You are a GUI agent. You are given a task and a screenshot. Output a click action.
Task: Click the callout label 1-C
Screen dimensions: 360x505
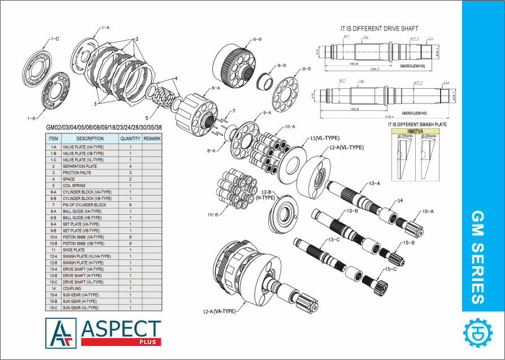[x=55, y=39]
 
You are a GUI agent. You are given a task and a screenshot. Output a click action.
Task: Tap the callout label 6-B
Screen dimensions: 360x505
[x=256, y=40]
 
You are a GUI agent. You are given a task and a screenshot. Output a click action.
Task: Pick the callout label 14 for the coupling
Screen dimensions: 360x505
[x=400, y=201]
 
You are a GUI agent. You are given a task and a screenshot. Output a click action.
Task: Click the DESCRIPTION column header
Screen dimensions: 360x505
[x=90, y=138]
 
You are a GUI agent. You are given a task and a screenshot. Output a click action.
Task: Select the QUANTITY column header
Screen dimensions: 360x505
[x=130, y=138]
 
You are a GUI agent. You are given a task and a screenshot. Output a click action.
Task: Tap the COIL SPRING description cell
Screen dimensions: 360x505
[x=75, y=185]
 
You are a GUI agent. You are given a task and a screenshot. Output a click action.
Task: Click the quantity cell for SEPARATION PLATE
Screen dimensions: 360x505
[x=130, y=166]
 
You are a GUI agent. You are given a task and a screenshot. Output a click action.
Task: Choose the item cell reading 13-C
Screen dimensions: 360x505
[x=53, y=282]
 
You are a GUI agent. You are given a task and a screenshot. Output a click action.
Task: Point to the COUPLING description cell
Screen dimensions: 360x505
[x=72, y=288]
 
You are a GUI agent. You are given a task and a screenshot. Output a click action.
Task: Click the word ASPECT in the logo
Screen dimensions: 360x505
[x=121, y=329]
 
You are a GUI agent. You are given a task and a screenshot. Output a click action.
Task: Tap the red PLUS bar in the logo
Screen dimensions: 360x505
[x=121, y=342]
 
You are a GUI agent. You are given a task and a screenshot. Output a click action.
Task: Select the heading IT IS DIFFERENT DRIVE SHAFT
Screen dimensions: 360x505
[x=379, y=28]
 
